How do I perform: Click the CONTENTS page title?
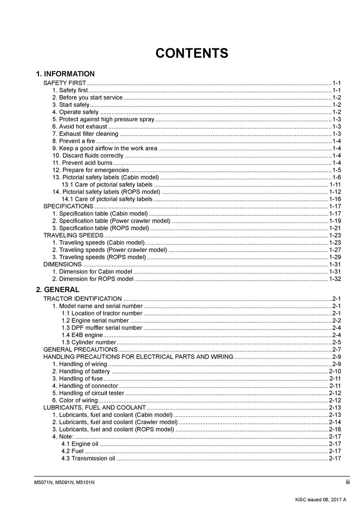click(192, 53)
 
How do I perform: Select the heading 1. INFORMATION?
click(65, 74)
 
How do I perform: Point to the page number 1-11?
click(335, 185)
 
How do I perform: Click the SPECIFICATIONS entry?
click(68, 207)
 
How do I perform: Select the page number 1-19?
click(335, 221)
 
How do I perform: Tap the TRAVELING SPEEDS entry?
click(73, 235)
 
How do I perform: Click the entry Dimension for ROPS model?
click(93, 279)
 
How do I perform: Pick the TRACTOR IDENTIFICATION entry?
click(82, 299)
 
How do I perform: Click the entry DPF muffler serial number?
click(102, 328)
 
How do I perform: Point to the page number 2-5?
click(336, 342)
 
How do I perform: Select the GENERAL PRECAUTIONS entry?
click(80, 350)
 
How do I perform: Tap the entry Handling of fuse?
click(77, 379)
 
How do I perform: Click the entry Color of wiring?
click(75, 400)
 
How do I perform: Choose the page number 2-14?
click(335, 422)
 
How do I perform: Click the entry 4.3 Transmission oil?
click(88, 458)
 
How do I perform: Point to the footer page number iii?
click(347, 482)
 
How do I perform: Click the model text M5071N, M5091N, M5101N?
click(62, 482)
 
